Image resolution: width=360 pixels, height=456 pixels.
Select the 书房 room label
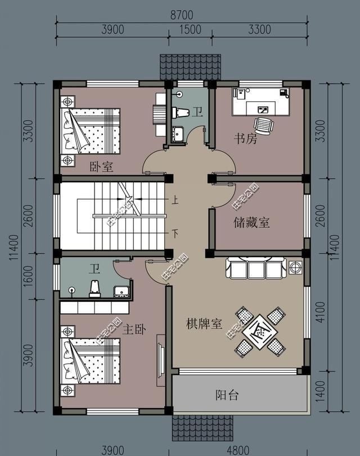pyautogui.click(x=245, y=138)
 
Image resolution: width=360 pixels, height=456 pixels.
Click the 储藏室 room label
pyautogui.click(x=251, y=223)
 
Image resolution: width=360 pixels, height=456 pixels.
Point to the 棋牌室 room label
pyautogui.click(x=205, y=324)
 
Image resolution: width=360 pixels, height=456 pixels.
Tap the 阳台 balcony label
pyautogui.click(x=227, y=395)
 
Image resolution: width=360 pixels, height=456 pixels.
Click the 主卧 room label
pyautogui.click(x=134, y=329)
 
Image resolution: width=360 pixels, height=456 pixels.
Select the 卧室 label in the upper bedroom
pyautogui.click(x=102, y=166)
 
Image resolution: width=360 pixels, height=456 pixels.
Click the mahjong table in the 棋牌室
pyautogui.click(x=259, y=331)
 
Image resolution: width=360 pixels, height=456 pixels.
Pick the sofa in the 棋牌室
pyautogui.click(x=256, y=268)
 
